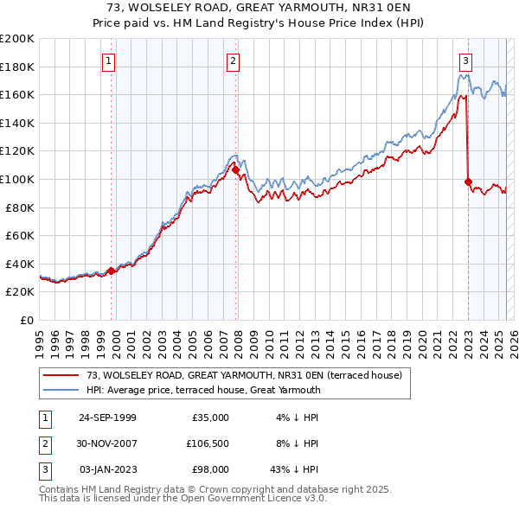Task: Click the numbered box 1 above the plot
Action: [x=109, y=61]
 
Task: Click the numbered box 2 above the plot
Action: [x=234, y=61]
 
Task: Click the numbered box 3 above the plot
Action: [x=465, y=61]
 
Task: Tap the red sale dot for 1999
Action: [x=112, y=271]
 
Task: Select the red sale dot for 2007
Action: [x=236, y=170]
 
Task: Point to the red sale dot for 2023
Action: [x=468, y=182]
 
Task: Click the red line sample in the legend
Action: [x=61, y=375]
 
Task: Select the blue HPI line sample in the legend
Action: [x=61, y=390]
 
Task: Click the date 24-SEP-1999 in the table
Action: [x=107, y=418]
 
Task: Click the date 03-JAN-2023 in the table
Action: [x=107, y=469]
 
